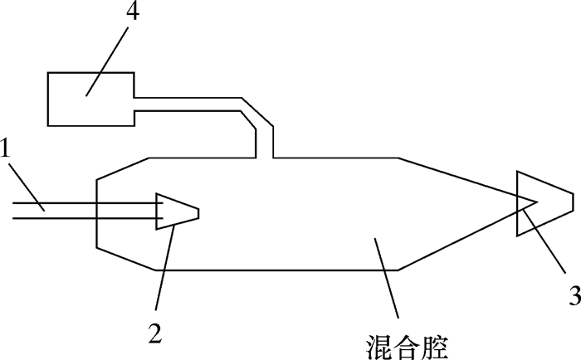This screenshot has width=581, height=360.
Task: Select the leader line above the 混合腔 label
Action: (x=386, y=278)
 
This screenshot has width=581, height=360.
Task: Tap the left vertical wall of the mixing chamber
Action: (x=98, y=212)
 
